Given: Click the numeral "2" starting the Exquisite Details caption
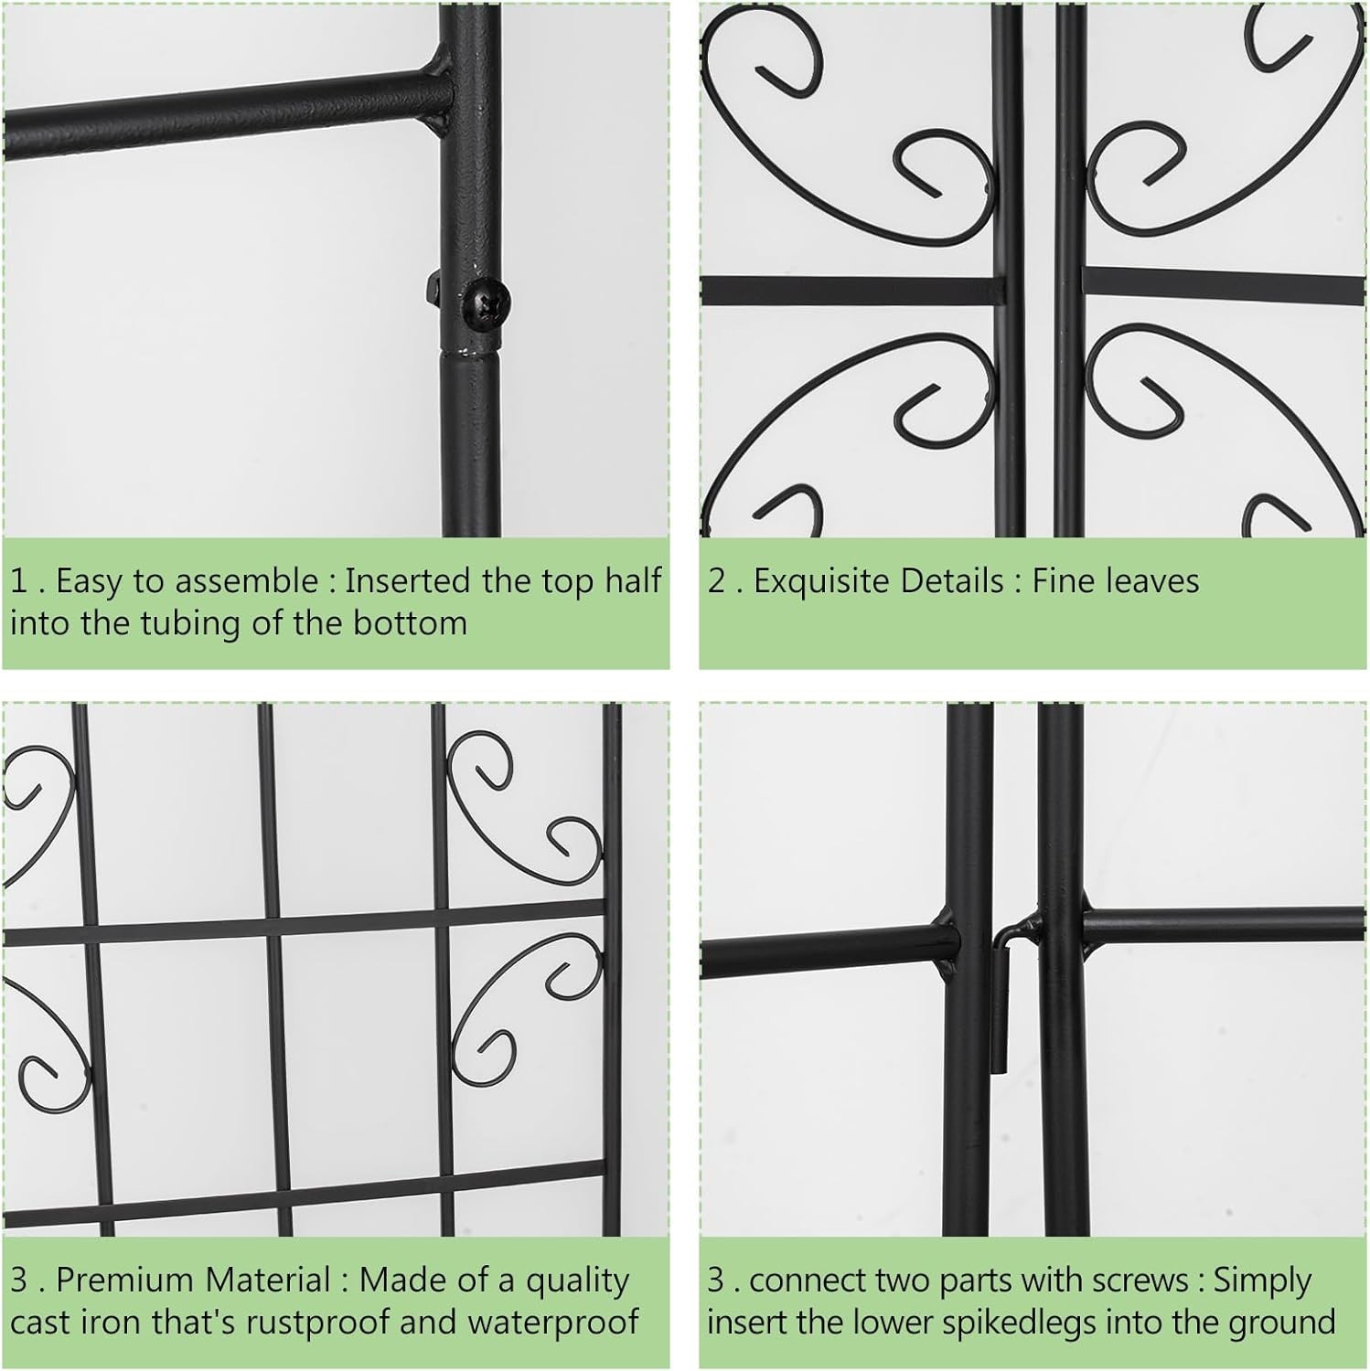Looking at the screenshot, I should tap(716, 581).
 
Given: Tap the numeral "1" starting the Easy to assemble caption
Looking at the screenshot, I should tap(19, 581).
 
